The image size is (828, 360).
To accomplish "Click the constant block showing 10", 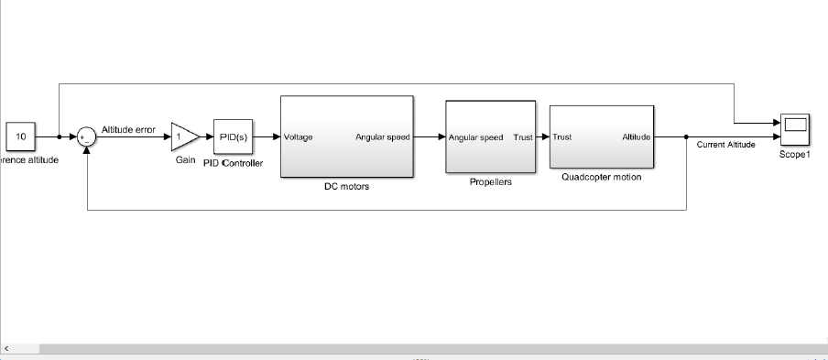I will pos(20,136).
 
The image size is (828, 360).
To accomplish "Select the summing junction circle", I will pos(85,137).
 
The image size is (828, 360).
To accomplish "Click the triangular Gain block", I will pos(182,137).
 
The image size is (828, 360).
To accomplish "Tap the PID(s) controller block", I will pos(233,137).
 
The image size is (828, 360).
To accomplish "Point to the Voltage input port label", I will pos(298,137).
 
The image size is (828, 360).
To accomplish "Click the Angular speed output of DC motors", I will pos(382,137).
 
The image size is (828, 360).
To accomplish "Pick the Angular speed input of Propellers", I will pos(475,137).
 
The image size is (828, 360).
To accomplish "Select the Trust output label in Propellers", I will pos(523,137).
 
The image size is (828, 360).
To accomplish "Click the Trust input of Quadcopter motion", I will pos(562,137).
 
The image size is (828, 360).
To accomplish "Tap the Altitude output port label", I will pos(637,137).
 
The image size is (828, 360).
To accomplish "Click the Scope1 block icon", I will pos(794,129).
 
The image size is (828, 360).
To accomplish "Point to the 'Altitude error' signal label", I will pos(128,129).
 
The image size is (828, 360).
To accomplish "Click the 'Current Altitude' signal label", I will pos(725,146).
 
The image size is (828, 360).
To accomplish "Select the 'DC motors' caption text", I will pos(345,187).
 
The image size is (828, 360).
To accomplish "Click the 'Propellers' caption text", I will pos(491,182).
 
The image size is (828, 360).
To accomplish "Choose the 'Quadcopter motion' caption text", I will pos(601,178).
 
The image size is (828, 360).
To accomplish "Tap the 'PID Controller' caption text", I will pos(233,164).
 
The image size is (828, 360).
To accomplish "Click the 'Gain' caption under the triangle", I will pos(185,160).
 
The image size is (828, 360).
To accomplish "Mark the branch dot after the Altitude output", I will pos(687,137).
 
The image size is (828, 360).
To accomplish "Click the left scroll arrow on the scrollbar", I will pos(6,349).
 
